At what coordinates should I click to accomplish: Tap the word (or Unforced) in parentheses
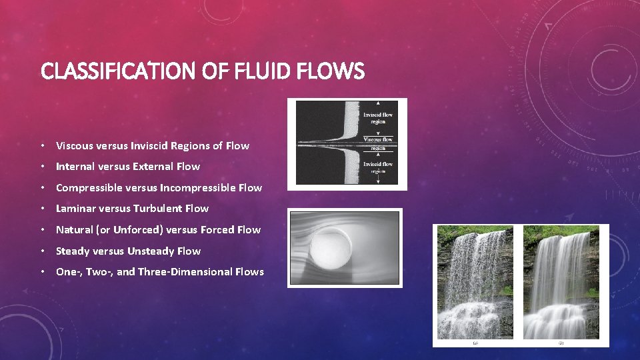[x=130, y=230]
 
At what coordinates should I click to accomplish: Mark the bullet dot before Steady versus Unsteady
[x=43, y=251]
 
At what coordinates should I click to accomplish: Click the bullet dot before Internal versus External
[x=43, y=167]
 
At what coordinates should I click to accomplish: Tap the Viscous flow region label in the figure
[x=379, y=141]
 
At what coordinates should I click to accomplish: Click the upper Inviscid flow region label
[x=378, y=119]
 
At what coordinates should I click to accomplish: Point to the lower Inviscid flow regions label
[x=378, y=167]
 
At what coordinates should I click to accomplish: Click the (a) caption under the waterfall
[x=475, y=343]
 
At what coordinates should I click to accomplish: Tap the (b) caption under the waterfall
[x=561, y=343]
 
